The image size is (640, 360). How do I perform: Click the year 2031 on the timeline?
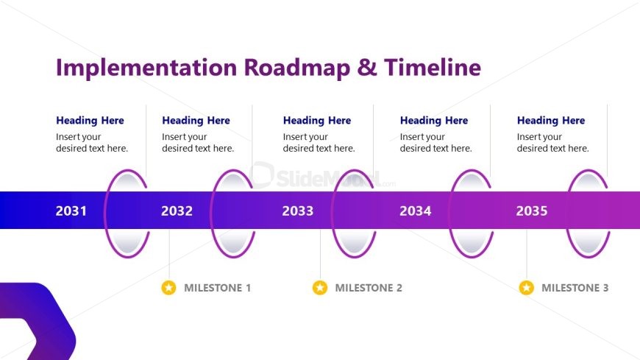(x=71, y=211)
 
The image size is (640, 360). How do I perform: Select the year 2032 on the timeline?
(x=177, y=211)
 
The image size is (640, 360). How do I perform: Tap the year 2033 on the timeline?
(x=297, y=211)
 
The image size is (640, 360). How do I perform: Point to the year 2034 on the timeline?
(x=415, y=211)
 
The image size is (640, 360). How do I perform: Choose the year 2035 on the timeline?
(x=531, y=211)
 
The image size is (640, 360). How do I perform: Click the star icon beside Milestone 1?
(x=168, y=288)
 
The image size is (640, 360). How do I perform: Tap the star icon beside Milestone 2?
(x=319, y=288)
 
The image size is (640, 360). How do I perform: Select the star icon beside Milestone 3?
(x=526, y=288)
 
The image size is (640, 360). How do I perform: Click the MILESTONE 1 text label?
(x=217, y=288)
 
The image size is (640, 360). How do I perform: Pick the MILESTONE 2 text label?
(x=369, y=288)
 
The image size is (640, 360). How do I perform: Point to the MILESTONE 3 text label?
(x=575, y=288)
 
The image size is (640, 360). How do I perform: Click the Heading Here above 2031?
(x=90, y=121)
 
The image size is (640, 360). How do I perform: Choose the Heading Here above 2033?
(x=317, y=121)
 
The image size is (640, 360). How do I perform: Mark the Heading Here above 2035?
(x=551, y=121)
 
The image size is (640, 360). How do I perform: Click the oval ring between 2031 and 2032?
(x=128, y=213)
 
